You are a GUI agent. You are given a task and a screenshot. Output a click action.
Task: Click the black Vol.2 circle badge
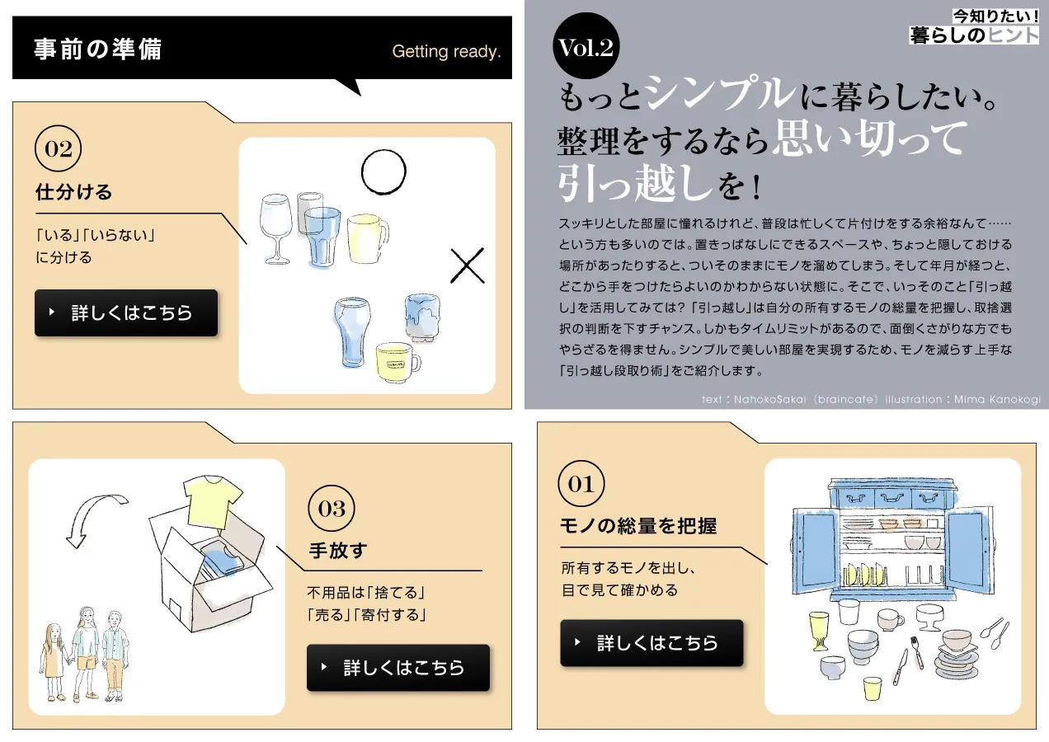[x=586, y=46]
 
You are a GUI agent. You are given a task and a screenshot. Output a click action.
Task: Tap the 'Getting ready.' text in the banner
[x=446, y=51]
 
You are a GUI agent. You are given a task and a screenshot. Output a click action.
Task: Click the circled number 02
[x=58, y=148]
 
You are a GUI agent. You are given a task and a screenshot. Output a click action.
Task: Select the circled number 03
[x=332, y=508]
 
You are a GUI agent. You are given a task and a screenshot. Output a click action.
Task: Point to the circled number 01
[x=581, y=484]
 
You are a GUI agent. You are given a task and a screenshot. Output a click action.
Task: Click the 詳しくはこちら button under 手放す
[x=398, y=668]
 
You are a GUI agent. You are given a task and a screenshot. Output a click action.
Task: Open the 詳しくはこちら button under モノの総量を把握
[x=652, y=643]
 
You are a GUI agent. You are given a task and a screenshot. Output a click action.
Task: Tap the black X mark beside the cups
[x=468, y=265]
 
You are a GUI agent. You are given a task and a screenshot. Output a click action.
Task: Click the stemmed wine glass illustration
[x=275, y=228]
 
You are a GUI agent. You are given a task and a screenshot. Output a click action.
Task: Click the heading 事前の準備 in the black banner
[x=98, y=49]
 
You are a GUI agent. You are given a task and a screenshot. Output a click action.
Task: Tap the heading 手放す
[x=338, y=550]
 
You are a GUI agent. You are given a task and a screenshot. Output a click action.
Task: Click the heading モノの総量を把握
[x=638, y=526]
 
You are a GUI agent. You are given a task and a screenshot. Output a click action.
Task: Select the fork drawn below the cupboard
[x=917, y=651]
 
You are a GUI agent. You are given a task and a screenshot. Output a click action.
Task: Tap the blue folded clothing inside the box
[x=223, y=561]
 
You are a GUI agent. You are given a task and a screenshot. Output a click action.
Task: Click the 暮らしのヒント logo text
[x=974, y=35]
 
